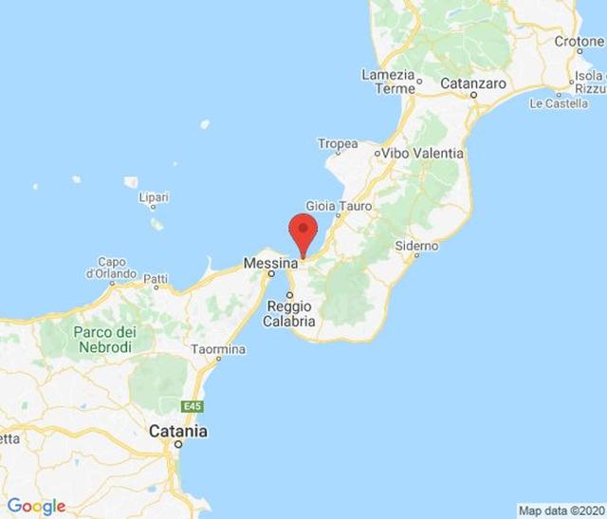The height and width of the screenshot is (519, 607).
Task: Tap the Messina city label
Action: [x=267, y=264]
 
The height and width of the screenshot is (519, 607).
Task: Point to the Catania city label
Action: [x=177, y=432]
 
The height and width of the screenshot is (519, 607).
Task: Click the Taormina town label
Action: [x=218, y=350]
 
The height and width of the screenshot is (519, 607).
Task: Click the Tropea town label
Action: [x=339, y=144]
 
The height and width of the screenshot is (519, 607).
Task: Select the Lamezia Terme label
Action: [x=388, y=82]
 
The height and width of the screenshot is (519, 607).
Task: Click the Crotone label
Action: [x=579, y=42]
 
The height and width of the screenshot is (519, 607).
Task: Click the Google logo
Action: [x=36, y=506]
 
